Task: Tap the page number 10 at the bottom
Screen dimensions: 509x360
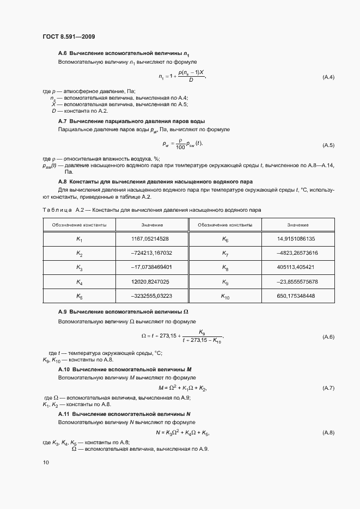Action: (46, 462)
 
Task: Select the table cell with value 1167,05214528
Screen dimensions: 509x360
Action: (151, 238)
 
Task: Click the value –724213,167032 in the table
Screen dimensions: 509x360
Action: (151, 253)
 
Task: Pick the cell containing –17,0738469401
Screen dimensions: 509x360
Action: (151, 267)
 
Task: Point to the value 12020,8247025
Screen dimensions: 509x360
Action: (151, 281)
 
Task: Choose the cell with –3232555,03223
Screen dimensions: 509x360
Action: (151, 296)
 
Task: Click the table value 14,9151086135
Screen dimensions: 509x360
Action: (296, 238)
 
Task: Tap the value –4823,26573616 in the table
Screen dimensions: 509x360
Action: (297, 253)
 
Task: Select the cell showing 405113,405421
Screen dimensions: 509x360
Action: (296, 267)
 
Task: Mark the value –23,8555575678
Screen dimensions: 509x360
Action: (297, 281)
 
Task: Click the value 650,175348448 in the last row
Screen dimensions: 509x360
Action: (296, 296)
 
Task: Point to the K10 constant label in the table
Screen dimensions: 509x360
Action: (225, 296)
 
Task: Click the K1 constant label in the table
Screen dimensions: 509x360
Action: (79, 239)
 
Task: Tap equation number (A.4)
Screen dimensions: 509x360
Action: (328, 77)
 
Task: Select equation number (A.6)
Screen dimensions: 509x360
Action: (328, 337)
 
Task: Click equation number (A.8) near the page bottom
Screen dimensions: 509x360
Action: (328, 432)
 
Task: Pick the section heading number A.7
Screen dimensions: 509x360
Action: (62, 121)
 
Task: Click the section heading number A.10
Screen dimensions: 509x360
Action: (63, 370)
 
